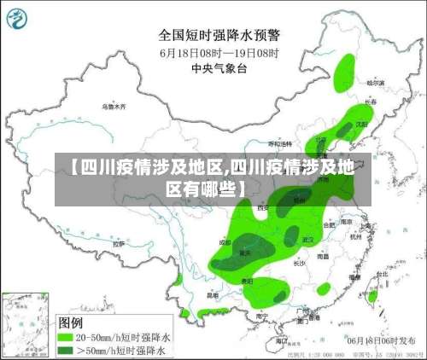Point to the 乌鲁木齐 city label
[x=113, y=107]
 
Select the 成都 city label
[x=225, y=242]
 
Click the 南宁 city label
[x=261, y=315]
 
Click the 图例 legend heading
[x=70, y=323]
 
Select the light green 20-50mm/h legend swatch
[x=64, y=338]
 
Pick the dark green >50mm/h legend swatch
[x=64, y=351]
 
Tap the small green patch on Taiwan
[x=371, y=295]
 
